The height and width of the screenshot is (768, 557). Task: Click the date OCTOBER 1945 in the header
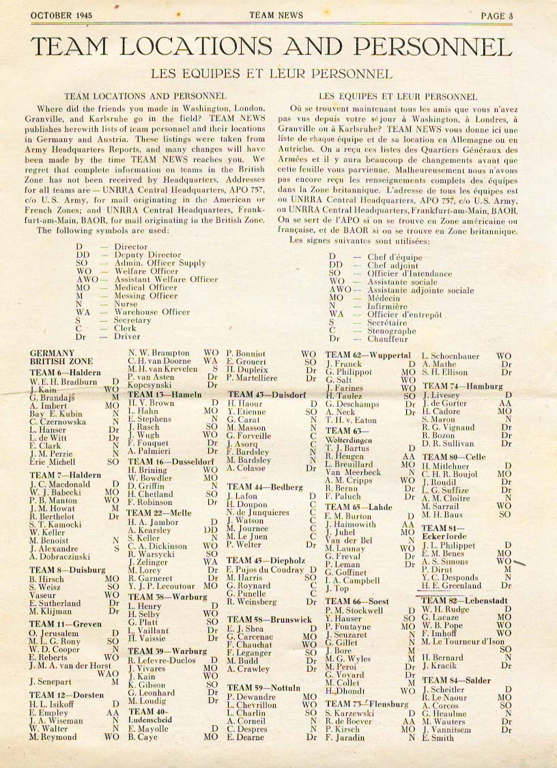[62, 16]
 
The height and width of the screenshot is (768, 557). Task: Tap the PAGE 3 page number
[502, 16]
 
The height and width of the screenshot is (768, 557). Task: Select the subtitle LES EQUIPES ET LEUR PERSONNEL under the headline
[272, 74]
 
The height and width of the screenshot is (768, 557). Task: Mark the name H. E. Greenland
[452, 586]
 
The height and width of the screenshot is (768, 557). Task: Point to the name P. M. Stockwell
[355, 610]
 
